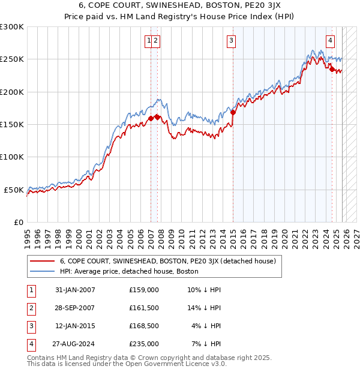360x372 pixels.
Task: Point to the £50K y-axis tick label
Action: coord(14,190)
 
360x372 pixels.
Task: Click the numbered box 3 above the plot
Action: coord(231,41)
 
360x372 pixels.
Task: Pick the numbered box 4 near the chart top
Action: coord(330,41)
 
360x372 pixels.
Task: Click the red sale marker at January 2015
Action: coord(233,112)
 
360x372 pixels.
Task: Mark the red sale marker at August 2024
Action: coord(332,69)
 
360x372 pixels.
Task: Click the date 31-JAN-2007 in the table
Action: coord(75,290)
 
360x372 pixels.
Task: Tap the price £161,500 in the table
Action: coord(144,308)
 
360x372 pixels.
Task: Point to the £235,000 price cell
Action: coord(144,344)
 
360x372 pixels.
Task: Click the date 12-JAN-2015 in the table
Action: coord(75,326)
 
